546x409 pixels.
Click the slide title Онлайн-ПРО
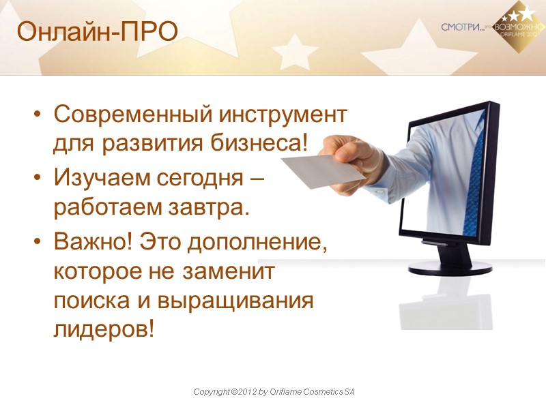click(x=97, y=31)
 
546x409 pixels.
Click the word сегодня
click(x=204, y=178)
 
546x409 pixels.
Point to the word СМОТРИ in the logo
click(x=461, y=27)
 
